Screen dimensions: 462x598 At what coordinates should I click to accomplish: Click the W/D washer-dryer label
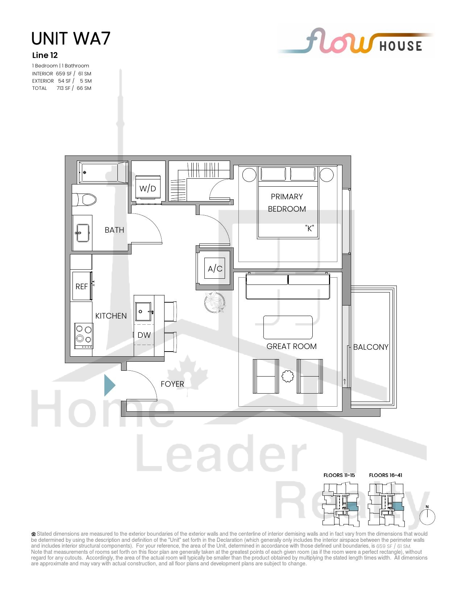[147, 188]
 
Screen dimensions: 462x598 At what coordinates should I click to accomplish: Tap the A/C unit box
[215, 268]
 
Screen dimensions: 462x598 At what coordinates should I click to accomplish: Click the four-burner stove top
[84, 336]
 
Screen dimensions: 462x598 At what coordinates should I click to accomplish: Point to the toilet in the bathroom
[84, 200]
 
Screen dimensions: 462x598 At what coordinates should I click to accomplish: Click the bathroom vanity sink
[83, 233]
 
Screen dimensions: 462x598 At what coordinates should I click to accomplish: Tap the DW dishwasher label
[144, 335]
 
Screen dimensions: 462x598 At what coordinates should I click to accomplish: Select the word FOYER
[172, 384]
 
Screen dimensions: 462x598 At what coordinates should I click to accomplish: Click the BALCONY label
[371, 347]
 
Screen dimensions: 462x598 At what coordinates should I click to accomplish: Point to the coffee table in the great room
[288, 327]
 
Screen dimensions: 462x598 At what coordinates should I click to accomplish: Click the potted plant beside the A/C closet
[215, 302]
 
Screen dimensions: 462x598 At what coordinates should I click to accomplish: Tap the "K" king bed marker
[309, 228]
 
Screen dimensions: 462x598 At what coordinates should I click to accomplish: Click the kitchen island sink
[143, 312]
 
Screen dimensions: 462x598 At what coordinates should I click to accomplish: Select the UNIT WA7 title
[71, 38]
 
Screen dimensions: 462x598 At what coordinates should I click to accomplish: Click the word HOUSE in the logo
[401, 46]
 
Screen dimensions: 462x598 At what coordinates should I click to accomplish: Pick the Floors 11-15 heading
[339, 475]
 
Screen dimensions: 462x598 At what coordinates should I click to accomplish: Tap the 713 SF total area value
[64, 88]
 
